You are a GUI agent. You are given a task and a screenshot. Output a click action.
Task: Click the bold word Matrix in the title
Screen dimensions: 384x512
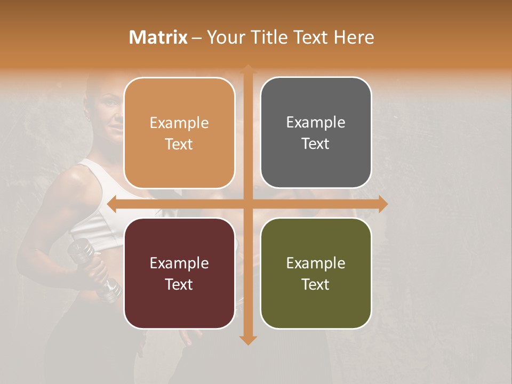coord(158,37)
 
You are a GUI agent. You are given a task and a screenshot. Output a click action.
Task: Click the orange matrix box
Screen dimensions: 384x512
coord(179,133)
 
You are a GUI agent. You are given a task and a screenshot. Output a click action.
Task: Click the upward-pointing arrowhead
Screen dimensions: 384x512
coord(247,69)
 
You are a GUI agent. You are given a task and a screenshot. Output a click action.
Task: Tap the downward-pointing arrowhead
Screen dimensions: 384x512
coord(247,340)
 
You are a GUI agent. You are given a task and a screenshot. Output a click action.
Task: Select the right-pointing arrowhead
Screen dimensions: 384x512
coord(383,203)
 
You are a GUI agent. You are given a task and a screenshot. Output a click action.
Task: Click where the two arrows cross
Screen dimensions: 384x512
coord(247,203)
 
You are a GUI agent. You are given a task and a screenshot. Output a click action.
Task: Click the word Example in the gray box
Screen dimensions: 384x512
coord(316,123)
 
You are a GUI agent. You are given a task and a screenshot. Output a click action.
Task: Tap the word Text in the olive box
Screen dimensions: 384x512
coord(316,284)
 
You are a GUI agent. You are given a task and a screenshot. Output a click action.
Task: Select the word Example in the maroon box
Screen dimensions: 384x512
coord(179,263)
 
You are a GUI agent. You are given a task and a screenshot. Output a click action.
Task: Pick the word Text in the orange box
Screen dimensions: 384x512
coord(179,144)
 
